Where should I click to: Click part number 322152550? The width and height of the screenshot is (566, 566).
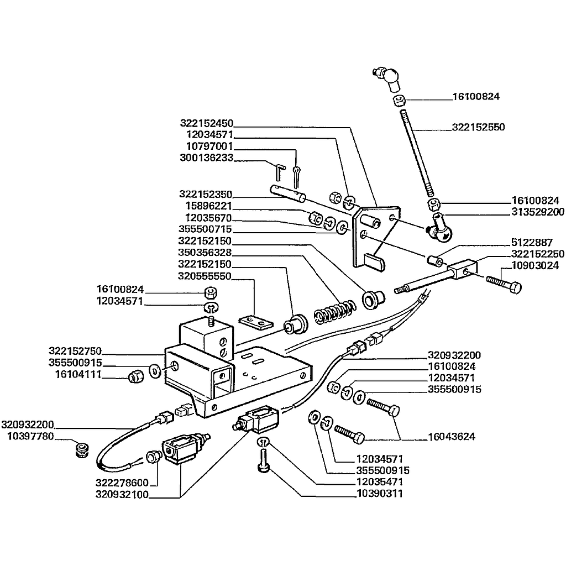478,127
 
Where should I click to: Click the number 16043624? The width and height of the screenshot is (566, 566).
452,437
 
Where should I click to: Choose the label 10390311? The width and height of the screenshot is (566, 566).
379,494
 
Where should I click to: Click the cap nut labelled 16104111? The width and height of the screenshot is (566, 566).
134,378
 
